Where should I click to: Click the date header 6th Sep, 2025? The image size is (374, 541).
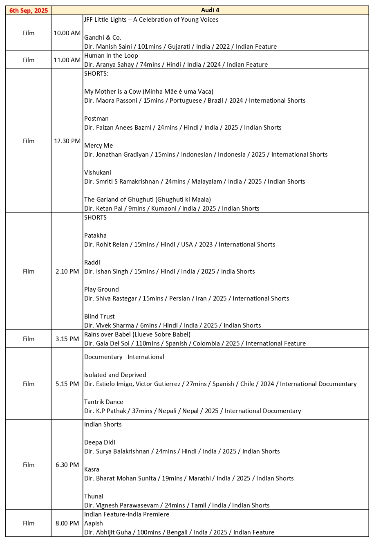pos(29,11)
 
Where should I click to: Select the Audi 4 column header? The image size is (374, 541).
pos(210,11)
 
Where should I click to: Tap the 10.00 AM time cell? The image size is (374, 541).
pos(67,33)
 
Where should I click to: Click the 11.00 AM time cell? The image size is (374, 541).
pos(67,60)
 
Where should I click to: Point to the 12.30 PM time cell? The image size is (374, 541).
pos(67,141)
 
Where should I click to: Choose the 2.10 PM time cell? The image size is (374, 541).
pos(67,272)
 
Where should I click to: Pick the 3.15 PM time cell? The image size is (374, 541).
pos(67,339)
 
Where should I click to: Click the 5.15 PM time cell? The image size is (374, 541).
pos(67,384)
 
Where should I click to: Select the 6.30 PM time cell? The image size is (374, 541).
pos(67,465)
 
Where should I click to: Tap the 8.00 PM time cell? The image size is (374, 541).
pos(67,523)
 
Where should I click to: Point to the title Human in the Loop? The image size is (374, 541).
pos(111,56)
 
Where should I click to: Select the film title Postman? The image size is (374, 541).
pos(96,119)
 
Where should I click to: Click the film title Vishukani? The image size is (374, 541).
pos(98,173)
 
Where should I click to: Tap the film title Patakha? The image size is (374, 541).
pos(95,236)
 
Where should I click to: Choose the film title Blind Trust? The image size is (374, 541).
pos(99,317)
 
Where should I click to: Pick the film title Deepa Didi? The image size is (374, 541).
pos(100,442)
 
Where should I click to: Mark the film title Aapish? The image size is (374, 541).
pos(94,523)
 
